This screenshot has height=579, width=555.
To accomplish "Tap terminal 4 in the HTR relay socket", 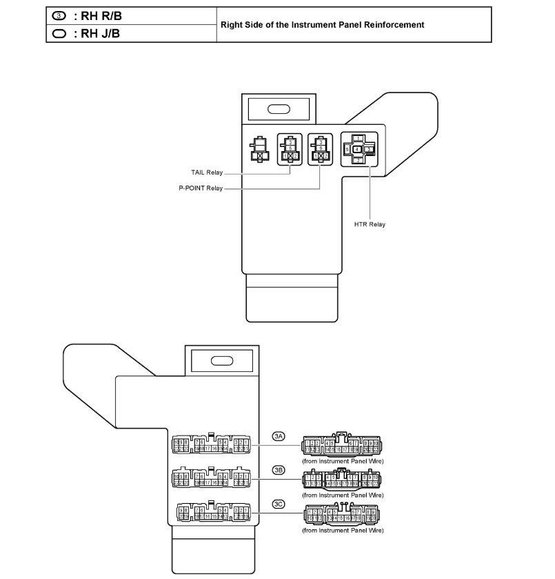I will [356, 149].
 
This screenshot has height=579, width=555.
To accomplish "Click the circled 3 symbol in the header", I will [59, 17].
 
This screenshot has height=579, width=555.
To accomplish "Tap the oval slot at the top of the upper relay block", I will [278, 108].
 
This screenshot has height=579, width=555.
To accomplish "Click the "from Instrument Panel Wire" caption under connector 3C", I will [343, 531].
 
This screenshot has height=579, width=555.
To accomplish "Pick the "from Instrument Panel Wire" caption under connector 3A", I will [343, 460].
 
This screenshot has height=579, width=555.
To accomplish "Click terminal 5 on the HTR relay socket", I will [347, 149].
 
